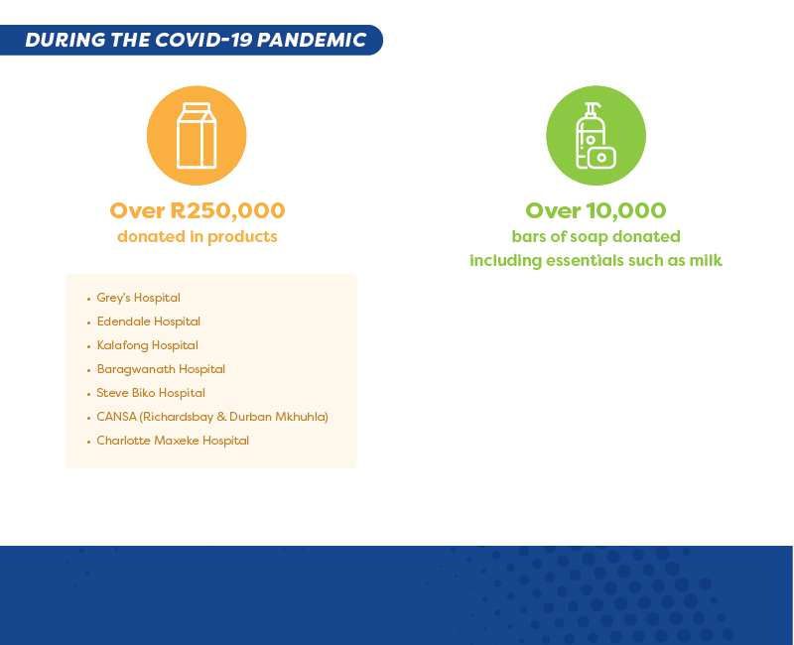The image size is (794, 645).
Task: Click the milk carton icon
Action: (x=197, y=136)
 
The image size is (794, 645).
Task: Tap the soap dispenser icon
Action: (x=595, y=136)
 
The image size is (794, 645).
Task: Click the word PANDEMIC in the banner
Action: (x=312, y=40)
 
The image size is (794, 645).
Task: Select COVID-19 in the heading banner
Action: (x=203, y=40)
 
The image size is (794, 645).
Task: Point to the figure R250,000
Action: (x=227, y=210)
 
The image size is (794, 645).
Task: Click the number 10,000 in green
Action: (x=626, y=210)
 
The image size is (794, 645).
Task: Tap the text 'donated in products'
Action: (x=197, y=237)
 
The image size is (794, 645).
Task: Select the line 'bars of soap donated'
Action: (x=596, y=237)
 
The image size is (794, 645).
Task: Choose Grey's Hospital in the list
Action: (x=138, y=298)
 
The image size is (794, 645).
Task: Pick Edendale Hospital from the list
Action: (x=148, y=322)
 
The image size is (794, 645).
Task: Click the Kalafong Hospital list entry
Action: (x=147, y=345)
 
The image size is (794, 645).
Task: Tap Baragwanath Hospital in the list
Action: (x=161, y=369)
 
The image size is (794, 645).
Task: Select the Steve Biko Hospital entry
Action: (x=151, y=393)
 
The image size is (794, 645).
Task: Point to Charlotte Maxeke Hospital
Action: (x=173, y=441)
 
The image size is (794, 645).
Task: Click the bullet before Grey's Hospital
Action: (x=88, y=300)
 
